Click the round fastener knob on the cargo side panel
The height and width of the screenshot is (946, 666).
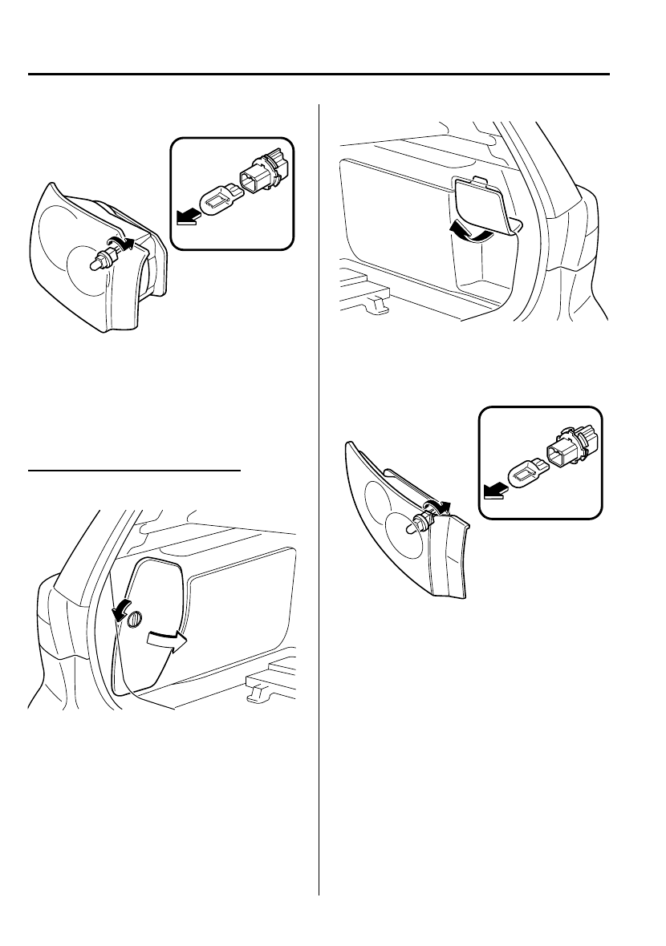click(x=135, y=618)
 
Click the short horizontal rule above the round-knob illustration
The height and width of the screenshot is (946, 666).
click(x=134, y=471)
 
